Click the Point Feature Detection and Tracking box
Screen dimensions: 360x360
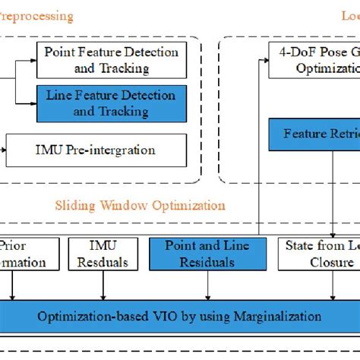(111, 60)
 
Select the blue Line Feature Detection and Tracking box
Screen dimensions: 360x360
(111, 103)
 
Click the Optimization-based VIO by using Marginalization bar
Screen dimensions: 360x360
(180, 315)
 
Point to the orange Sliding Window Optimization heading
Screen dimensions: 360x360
(140, 205)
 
